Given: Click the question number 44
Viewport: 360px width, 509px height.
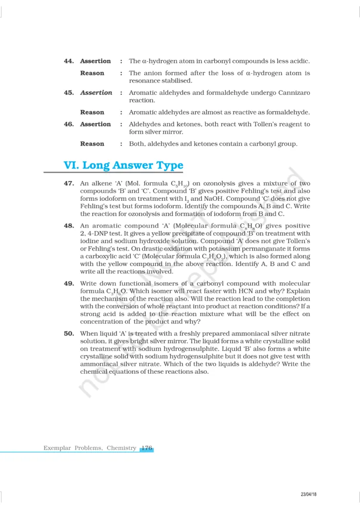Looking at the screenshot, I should (x=69, y=61).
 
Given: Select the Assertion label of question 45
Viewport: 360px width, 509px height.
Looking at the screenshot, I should (x=96, y=92).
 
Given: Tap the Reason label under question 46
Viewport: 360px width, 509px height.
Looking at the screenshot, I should (x=92, y=144).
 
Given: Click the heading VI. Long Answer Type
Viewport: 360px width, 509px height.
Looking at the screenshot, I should (x=123, y=165).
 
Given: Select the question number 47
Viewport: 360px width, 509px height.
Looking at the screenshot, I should (x=69, y=183).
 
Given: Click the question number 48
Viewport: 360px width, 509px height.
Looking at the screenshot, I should (x=69, y=226).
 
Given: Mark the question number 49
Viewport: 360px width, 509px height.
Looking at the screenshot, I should (x=69, y=283).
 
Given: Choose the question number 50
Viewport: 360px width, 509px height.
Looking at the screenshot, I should (x=69, y=334).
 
